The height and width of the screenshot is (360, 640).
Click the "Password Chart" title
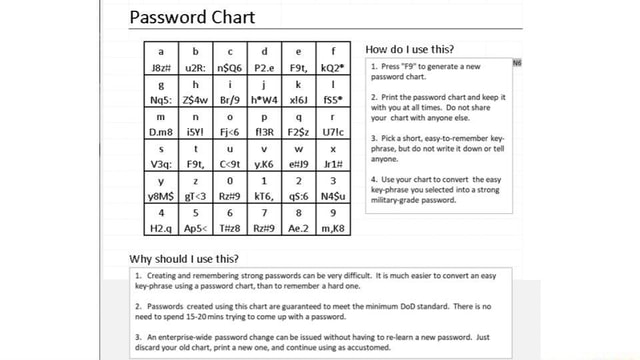[x=192, y=17]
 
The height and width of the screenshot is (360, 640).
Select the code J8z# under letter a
[x=157, y=69]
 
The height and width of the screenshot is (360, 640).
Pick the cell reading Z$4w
[x=193, y=101]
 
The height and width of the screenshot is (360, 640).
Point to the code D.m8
[x=157, y=133]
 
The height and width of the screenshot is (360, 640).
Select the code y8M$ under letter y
[x=158, y=197]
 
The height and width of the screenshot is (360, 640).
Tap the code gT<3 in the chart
[x=192, y=197]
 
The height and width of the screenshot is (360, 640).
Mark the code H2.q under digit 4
[x=157, y=229]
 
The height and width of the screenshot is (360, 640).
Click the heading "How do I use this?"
[x=410, y=49]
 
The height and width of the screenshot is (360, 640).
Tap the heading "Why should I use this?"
[x=185, y=257]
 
